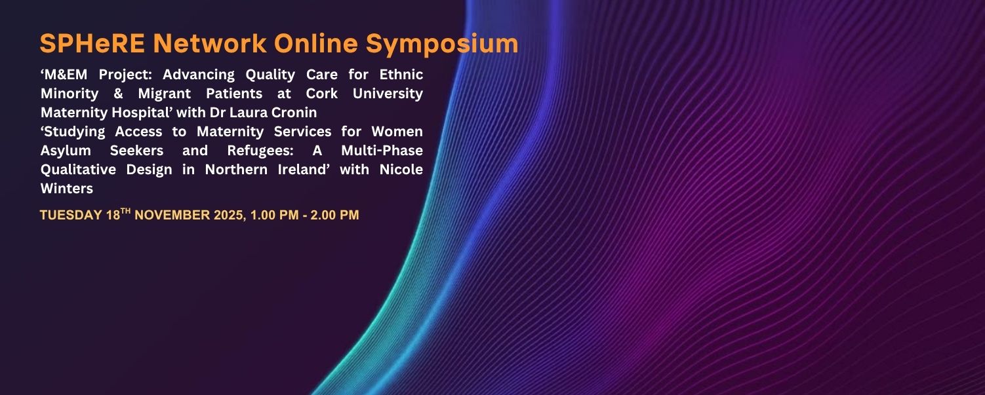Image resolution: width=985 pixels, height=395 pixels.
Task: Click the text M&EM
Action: pyautogui.click(x=66, y=74)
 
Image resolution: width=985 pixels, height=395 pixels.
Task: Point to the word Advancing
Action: pyautogui.click(x=199, y=74)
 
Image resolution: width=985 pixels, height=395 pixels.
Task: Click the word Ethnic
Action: pyautogui.click(x=401, y=74)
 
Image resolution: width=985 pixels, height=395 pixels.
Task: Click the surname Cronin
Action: pyautogui.click(x=294, y=113)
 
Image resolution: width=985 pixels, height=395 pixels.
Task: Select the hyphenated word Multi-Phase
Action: pyautogui.click(x=382, y=151)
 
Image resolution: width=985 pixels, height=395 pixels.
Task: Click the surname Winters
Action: pyautogui.click(x=67, y=189)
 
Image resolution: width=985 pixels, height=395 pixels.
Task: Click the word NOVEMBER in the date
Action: pyautogui.click(x=173, y=215)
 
